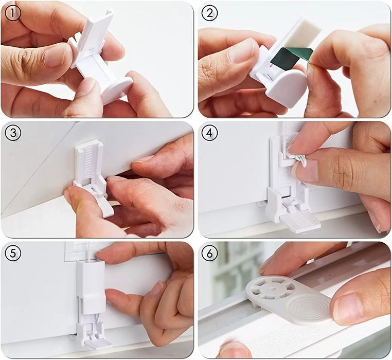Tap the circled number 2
pos(210,13)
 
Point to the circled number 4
pos(210,133)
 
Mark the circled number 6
pos(210,253)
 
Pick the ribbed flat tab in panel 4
pos(300,220)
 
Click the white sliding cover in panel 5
pos(91,287)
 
